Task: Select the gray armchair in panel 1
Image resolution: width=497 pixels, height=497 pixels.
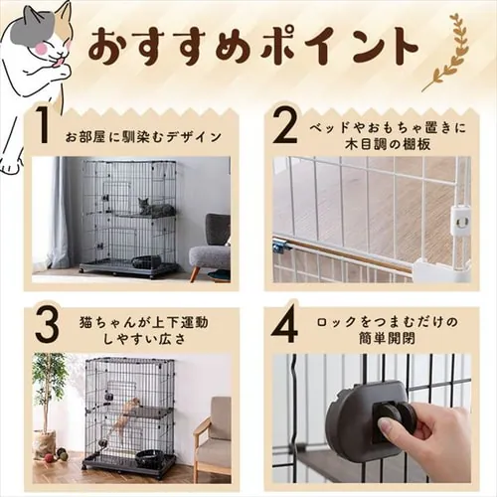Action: point(210,249)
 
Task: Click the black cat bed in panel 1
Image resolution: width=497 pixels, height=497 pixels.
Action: point(147,261)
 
